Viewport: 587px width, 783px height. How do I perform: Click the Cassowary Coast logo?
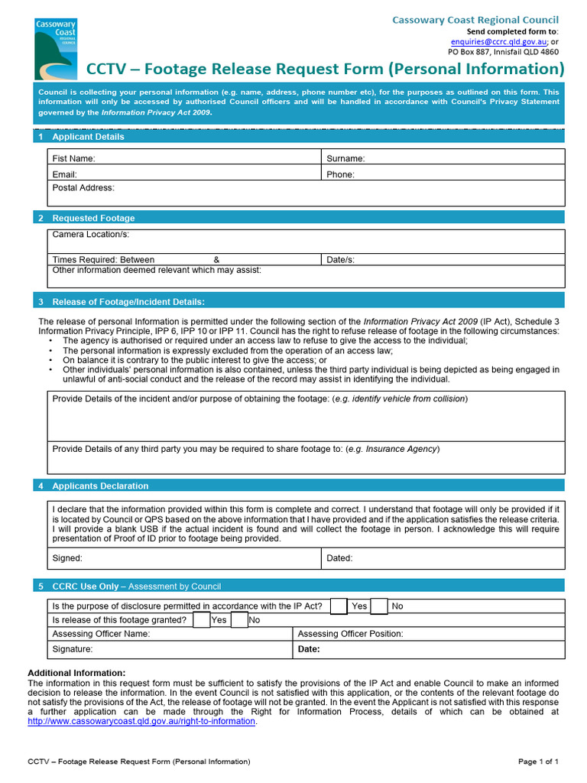pyautogui.click(x=56, y=50)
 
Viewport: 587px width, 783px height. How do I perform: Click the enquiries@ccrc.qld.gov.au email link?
pyautogui.click(x=498, y=41)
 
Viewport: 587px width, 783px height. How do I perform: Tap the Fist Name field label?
pyautogui.click(x=73, y=158)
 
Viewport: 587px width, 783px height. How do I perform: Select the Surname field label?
pyautogui.click(x=345, y=158)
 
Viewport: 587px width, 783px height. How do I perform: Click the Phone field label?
pyautogui.click(x=340, y=174)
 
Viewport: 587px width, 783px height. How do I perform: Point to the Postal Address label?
pyautogui.click(x=83, y=187)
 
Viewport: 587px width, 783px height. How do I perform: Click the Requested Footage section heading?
pyautogui.click(x=93, y=218)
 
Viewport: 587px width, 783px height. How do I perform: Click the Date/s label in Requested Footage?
pyautogui.click(x=340, y=260)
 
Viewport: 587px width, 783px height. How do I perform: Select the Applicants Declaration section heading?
pyautogui.click(x=100, y=486)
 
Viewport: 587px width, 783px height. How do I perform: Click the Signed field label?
pyautogui.click(x=67, y=558)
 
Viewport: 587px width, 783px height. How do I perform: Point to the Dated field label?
pyautogui.click(x=339, y=558)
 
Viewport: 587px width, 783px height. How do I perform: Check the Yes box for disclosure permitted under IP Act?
pyautogui.click(x=339, y=606)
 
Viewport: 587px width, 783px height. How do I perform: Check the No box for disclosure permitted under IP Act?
pyautogui.click(x=378, y=606)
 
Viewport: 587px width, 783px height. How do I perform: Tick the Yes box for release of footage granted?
pyautogui.click(x=201, y=619)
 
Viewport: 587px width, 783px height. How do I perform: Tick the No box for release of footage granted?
pyautogui.click(x=238, y=619)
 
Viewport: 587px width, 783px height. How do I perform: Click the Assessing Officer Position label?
pyautogui.click(x=350, y=634)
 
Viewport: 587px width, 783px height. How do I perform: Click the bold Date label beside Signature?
pyautogui.click(x=309, y=649)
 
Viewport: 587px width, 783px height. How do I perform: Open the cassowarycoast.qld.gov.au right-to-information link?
pyautogui.click(x=141, y=721)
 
